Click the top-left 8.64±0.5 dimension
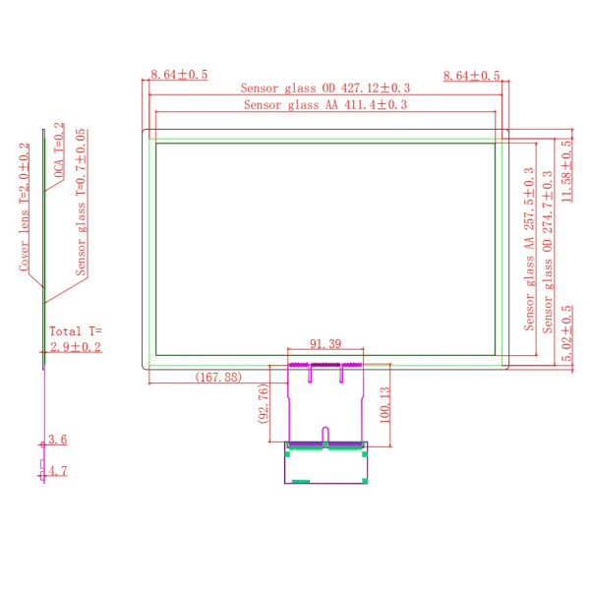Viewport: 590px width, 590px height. [x=179, y=74]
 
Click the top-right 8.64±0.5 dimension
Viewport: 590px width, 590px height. [x=471, y=76]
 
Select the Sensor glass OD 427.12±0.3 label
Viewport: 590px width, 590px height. [x=325, y=88]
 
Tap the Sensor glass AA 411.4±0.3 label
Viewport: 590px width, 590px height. [x=325, y=104]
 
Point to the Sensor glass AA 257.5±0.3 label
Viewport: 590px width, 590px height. [x=529, y=249]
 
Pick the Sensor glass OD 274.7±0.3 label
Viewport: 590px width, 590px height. [x=548, y=252]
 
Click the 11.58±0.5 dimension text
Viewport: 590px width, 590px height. [x=566, y=171]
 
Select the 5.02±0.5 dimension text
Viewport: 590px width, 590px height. [x=566, y=333]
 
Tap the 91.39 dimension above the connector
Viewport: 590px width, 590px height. [x=325, y=343]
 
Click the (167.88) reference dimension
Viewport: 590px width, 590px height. [x=218, y=377]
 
